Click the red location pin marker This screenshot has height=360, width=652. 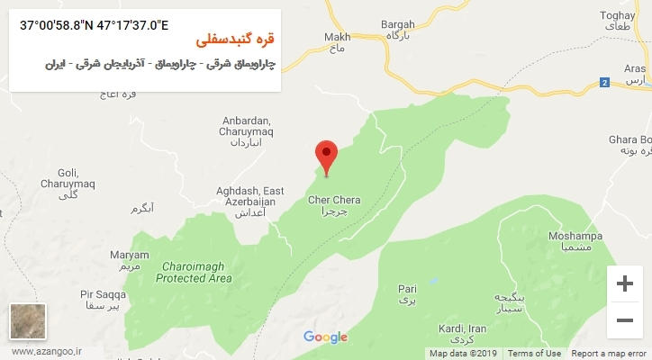click(x=326, y=155)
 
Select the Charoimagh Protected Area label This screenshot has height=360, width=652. click(x=194, y=272)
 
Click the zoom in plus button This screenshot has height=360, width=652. click(x=624, y=283)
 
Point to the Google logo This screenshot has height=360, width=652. click(x=325, y=337)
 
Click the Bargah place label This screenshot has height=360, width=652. click(x=398, y=29)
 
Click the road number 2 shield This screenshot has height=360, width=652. click(x=604, y=83)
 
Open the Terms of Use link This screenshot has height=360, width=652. click(x=534, y=354)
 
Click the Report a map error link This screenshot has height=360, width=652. click(x=610, y=354)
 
